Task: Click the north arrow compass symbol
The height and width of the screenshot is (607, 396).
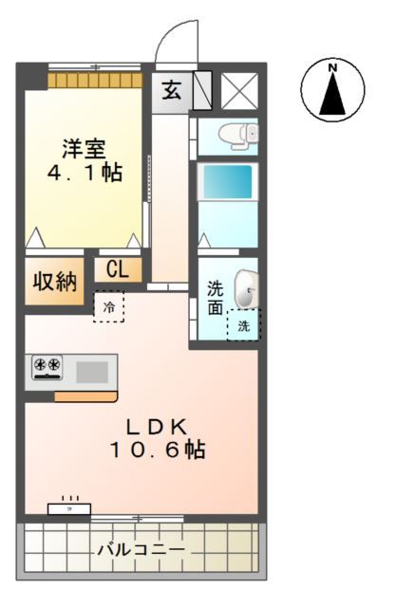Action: [332, 95]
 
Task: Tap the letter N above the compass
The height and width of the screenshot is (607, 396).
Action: [332, 68]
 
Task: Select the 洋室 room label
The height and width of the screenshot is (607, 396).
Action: [85, 149]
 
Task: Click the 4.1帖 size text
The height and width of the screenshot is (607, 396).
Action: [85, 173]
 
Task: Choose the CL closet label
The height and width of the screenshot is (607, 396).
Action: [118, 269]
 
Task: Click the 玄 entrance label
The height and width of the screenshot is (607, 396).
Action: [171, 91]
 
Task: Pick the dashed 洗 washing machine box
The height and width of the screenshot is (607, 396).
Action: [243, 325]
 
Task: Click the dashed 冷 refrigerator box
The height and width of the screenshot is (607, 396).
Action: [108, 307]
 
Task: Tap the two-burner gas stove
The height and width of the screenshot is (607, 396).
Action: [45, 366]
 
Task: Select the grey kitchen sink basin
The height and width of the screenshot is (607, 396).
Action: [92, 370]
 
